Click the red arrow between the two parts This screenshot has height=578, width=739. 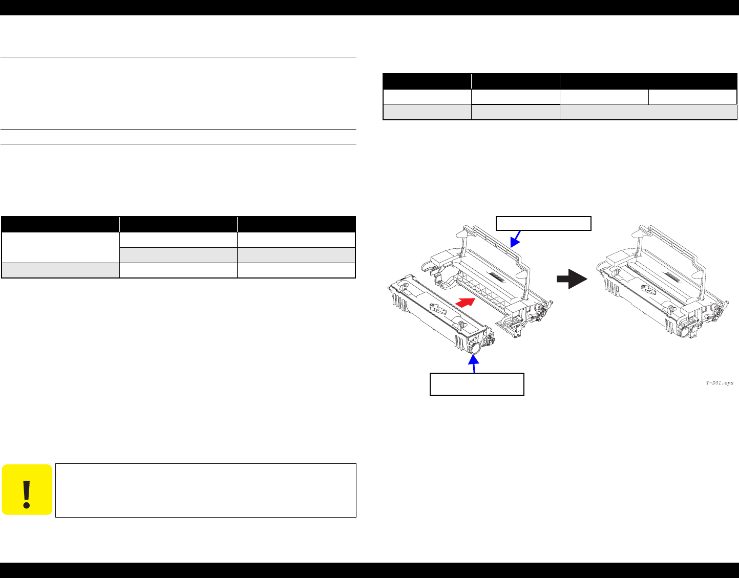tap(465, 302)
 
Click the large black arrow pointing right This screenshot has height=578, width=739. tap(572, 279)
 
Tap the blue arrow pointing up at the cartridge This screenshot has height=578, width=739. tap(473, 363)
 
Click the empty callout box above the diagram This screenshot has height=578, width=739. tap(543, 223)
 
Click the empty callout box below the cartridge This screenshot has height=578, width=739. tap(477, 384)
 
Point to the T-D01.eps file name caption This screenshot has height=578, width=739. tap(720, 383)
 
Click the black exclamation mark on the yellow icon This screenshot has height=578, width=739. tap(27, 495)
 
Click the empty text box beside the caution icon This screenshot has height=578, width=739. tap(206, 490)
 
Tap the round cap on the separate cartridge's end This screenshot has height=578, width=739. tap(475, 348)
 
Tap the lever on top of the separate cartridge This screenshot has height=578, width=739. tap(438, 309)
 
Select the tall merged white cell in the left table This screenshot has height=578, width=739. tap(60, 247)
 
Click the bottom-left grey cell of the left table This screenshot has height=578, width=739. tap(60, 270)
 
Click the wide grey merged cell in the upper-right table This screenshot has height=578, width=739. tap(648, 112)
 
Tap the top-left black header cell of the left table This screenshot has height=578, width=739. tap(60, 224)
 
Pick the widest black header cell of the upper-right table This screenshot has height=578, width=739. tap(648, 81)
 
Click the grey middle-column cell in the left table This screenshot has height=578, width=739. tap(179, 255)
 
